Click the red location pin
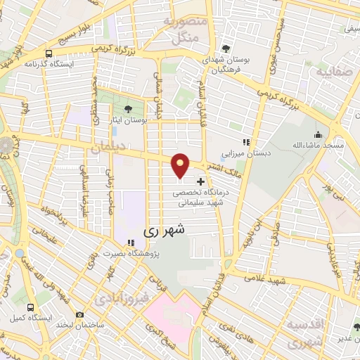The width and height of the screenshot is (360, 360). pyautogui.click(x=181, y=165)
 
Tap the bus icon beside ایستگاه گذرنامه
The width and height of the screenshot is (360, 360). pyautogui.click(x=48, y=53)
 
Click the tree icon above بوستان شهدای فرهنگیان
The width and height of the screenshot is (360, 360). pyautogui.click(x=224, y=49)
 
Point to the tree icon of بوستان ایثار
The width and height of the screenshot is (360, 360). pyautogui.click(x=128, y=109)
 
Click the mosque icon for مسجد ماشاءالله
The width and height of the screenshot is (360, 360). pyautogui.click(x=318, y=134)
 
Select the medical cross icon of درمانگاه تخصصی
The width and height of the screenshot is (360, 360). pyautogui.click(x=200, y=181)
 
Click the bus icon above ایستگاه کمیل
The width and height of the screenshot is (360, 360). pyautogui.click(x=31, y=307)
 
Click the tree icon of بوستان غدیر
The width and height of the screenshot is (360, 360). pyautogui.click(x=340, y=325)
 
